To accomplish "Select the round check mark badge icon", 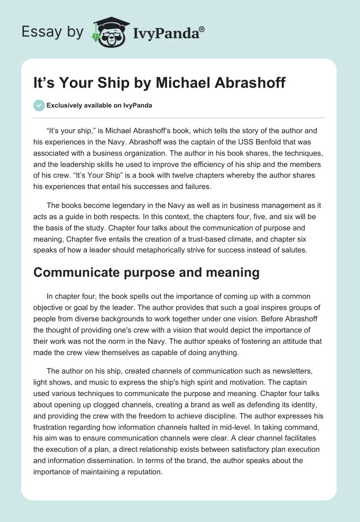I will [39, 105].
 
